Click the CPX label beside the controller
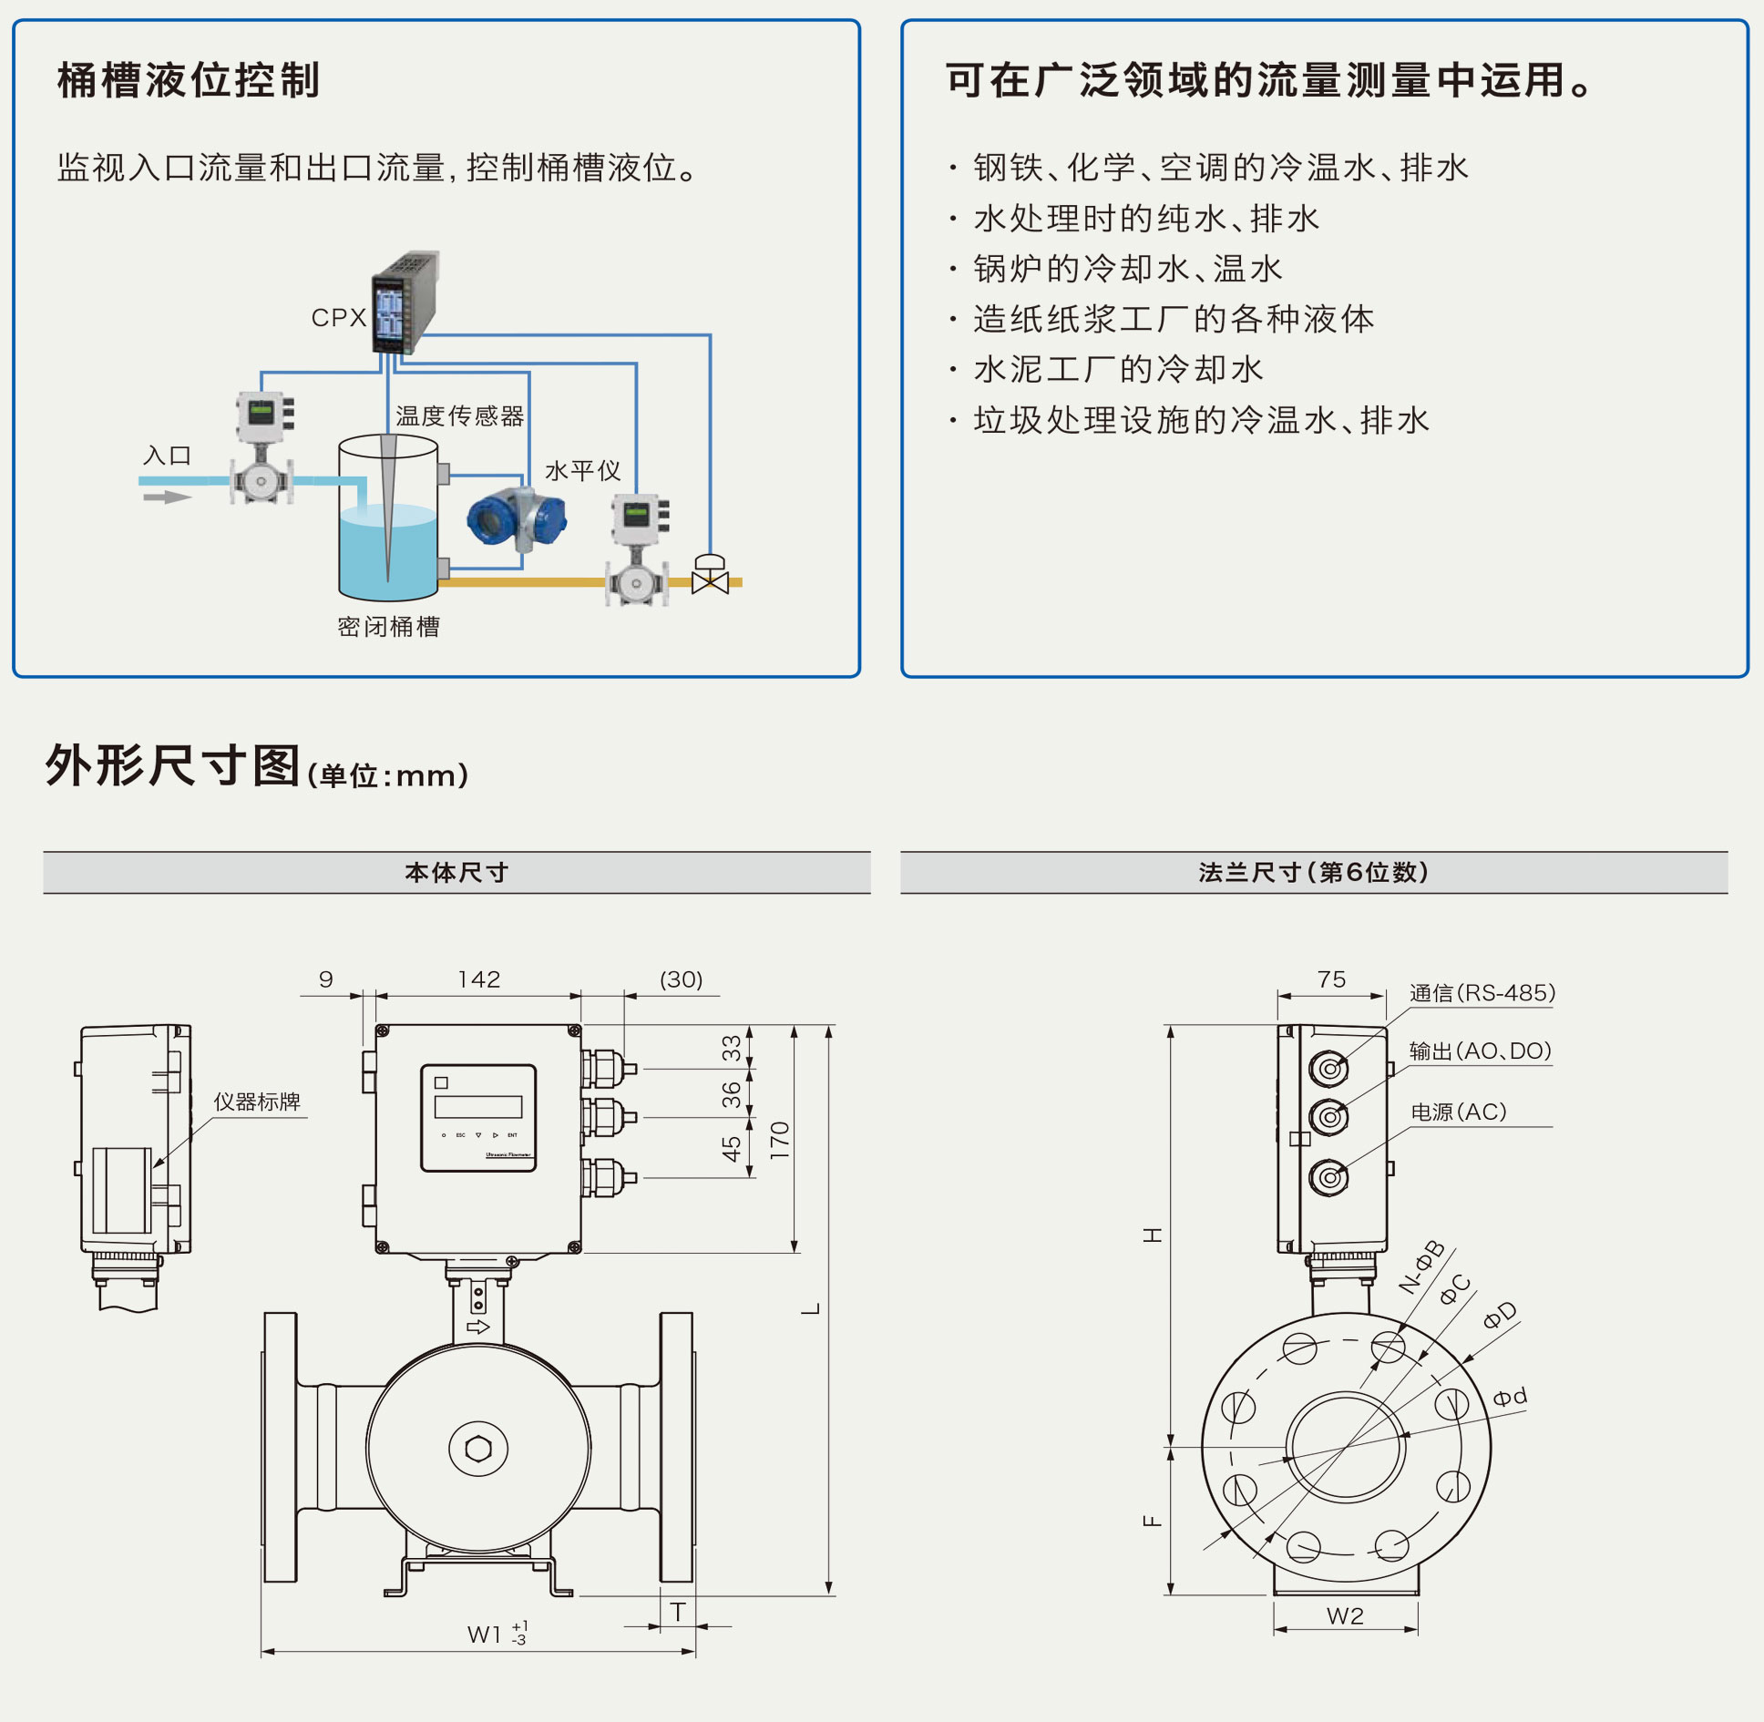tap(338, 318)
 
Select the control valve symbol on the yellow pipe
tap(710, 575)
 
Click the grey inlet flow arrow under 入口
tap(167, 497)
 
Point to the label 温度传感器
tap(459, 416)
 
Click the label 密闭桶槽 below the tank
tap(388, 627)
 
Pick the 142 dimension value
tap(479, 979)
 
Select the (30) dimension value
tap(681, 979)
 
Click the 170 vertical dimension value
tap(780, 1140)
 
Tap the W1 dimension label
tap(485, 1635)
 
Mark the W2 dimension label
tap(1345, 1616)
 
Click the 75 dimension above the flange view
tap(1331, 979)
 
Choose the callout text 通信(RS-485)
tap(1482, 993)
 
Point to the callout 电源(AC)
tap(1458, 1112)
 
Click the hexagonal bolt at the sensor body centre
tap(478, 1448)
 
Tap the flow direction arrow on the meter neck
tap(478, 1327)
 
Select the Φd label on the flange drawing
tap(1510, 1397)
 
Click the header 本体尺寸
tap(456, 873)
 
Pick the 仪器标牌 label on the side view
tap(257, 1102)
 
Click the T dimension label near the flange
tap(678, 1613)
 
